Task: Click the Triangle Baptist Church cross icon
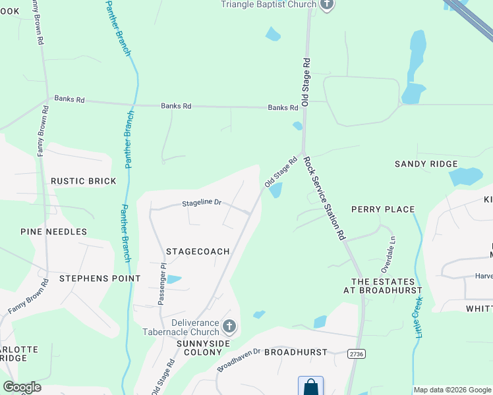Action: (x=327, y=5)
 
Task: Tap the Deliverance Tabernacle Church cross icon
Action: (x=229, y=326)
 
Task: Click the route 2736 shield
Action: (x=357, y=354)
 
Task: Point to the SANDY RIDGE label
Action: (x=426, y=164)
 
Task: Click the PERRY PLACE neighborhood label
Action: (x=383, y=209)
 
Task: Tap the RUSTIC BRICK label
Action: (x=84, y=181)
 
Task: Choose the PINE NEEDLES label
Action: (x=53, y=232)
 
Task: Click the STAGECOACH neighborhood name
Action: (x=198, y=251)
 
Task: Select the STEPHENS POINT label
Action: (x=100, y=278)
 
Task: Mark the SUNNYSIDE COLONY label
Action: (x=199, y=348)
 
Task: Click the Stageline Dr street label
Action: (x=202, y=203)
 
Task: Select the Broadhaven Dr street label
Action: (x=239, y=360)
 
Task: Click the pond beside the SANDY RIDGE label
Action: (x=465, y=176)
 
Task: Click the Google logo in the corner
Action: (x=22, y=387)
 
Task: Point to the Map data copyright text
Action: (x=451, y=390)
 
